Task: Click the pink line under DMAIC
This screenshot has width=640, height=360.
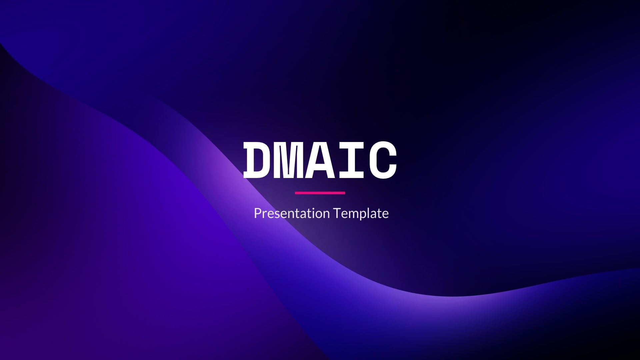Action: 320,193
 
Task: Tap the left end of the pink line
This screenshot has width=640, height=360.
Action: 295,193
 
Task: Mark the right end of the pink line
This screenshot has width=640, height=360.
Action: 345,193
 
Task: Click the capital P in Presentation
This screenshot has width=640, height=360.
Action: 258,213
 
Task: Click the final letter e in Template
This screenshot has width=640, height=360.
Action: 385,215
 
